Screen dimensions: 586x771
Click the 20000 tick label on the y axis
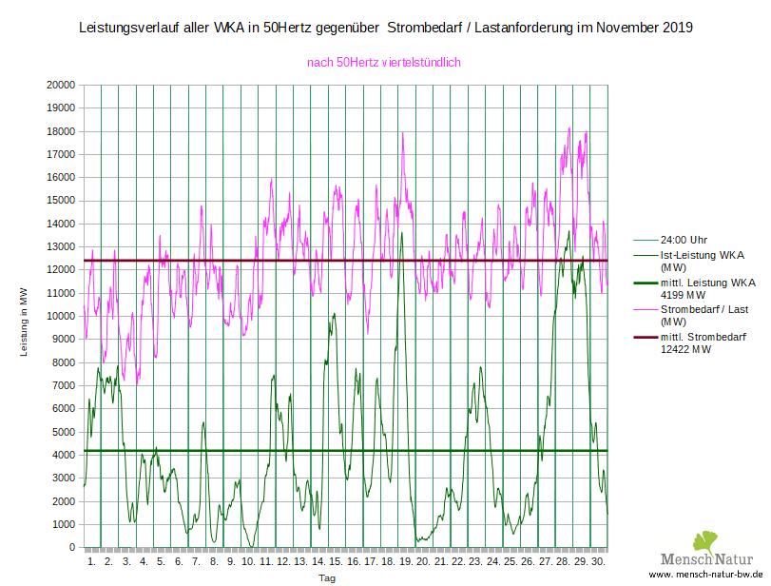tap(60, 85)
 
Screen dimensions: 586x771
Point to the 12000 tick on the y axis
tap(60, 270)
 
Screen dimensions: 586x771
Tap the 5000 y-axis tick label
tap(63, 432)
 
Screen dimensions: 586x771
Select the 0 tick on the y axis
tap(71, 548)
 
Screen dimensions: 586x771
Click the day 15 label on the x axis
tap(336, 562)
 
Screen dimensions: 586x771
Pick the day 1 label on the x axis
tap(91, 562)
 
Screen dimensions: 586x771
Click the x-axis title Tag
tap(326, 577)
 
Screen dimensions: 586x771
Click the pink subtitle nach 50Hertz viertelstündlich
tap(384, 63)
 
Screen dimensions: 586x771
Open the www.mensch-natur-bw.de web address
tap(707, 576)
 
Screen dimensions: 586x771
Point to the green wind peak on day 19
tap(402, 232)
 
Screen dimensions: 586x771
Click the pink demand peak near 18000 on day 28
tap(569, 128)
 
